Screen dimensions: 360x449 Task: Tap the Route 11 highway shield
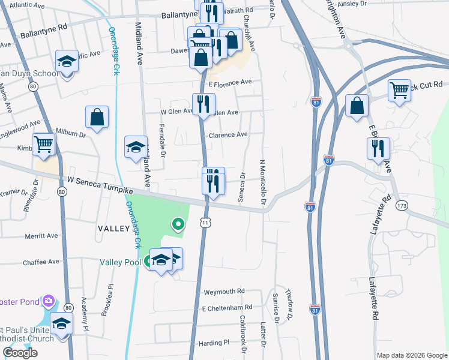[205, 223]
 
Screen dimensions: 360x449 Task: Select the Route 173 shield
[402, 206]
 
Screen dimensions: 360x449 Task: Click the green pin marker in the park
[178, 224]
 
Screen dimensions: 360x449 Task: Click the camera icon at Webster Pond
[48, 301]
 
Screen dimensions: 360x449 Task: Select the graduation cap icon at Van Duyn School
[67, 61]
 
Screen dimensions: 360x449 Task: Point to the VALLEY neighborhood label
[113, 229]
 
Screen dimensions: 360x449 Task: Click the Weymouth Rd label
[224, 291]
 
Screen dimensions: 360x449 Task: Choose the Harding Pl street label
[214, 343]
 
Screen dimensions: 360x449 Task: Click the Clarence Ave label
[228, 135]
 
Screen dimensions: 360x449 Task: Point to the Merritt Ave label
[41, 236]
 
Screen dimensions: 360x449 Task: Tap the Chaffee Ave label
[41, 262]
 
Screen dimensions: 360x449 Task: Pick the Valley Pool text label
[120, 262]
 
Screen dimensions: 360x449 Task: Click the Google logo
[20, 353]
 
